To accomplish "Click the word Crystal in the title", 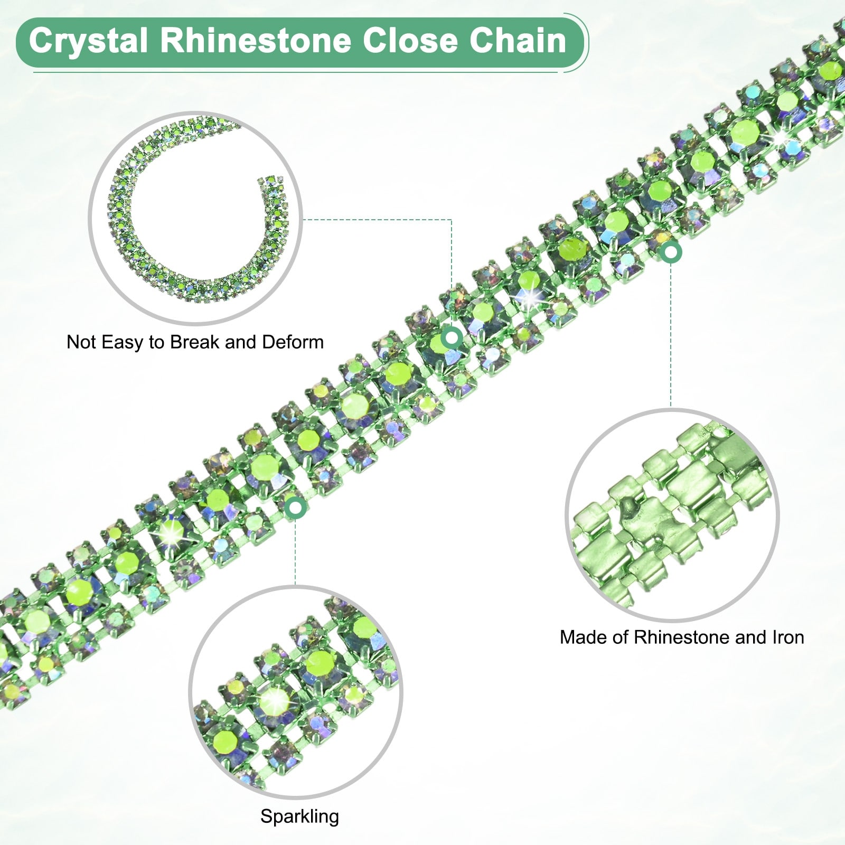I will pyautogui.click(x=88, y=41).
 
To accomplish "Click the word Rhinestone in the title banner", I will pyautogui.click(x=256, y=41).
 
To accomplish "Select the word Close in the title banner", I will pyautogui.click(x=410, y=41).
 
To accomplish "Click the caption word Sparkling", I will pyautogui.click(x=299, y=817).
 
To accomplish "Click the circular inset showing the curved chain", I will pyautogui.click(x=195, y=218).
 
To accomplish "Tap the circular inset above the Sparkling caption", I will pyautogui.click(x=296, y=692).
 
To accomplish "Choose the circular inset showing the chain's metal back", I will pyautogui.click(x=672, y=515).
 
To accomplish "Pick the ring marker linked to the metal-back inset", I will pyautogui.click(x=671, y=253).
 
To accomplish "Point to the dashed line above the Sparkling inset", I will pyautogui.click(x=295, y=549).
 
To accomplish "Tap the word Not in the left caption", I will pyautogui.click(x=81, y=342).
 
